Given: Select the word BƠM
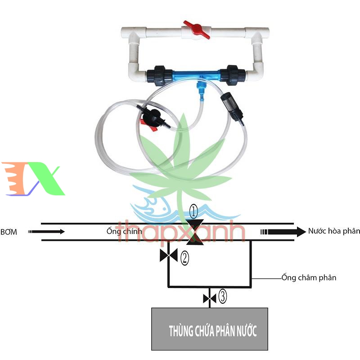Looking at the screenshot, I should [x=9, y=232].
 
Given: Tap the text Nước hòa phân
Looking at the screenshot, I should [x=334, y=231].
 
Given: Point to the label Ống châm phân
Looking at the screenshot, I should [x=308, y=278].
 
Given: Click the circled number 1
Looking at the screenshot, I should [x=193, y=210].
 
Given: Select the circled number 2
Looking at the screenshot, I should [x=184, y=257].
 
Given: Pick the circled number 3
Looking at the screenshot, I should [x=223, y=297].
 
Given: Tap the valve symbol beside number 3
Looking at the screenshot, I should [x=210, y=298].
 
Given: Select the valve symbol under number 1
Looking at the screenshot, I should [x=195, y=232].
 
